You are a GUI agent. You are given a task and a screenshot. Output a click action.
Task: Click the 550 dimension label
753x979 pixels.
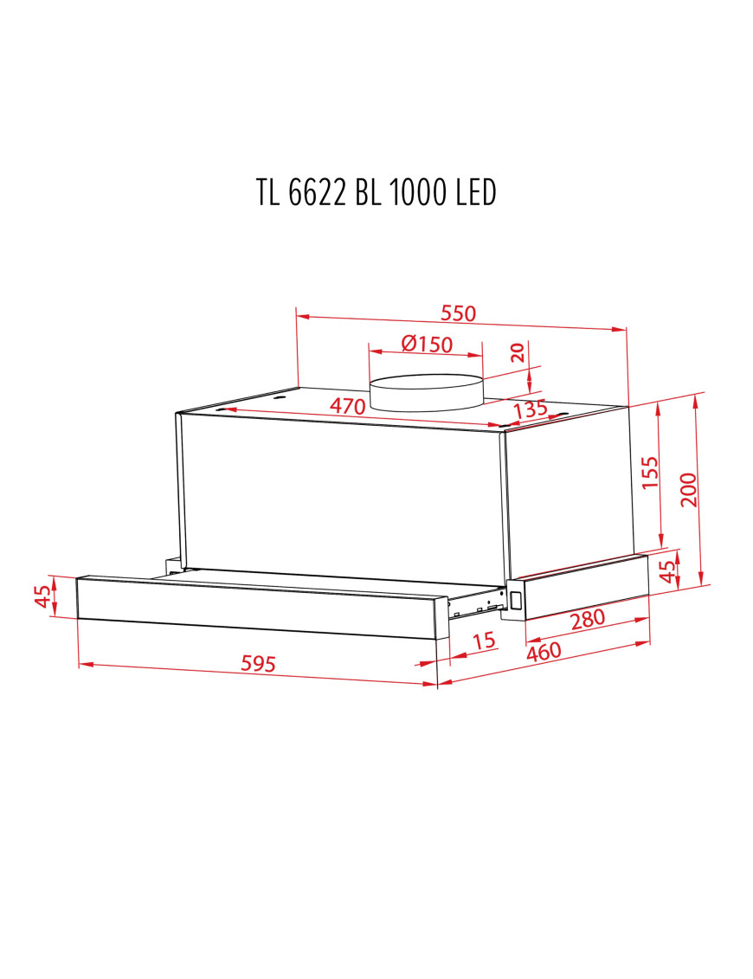click(459, 312)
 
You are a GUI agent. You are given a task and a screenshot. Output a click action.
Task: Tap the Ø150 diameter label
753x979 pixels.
click(427, 344)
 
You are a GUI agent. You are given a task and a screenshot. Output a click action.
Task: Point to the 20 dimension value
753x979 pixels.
click(517, 353)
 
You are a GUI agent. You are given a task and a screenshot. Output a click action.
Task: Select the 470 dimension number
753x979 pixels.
click(348, 406)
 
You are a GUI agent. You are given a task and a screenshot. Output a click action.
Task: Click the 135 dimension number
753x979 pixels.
click(530, 410)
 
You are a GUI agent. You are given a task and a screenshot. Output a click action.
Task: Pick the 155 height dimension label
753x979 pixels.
click(650, 472)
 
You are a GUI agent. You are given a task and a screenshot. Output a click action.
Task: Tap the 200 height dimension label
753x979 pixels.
click(687, 490)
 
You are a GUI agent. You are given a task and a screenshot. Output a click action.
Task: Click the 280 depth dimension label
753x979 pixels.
click(588, 619)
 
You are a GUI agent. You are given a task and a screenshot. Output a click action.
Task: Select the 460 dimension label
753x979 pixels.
click(544, 651)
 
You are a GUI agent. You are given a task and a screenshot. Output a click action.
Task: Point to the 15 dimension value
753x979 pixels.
click(484, 641)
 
